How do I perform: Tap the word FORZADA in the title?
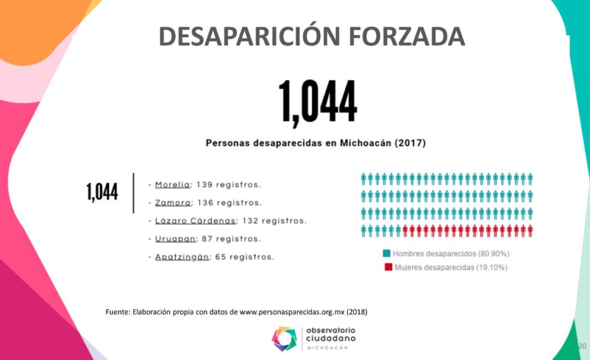[405, 36]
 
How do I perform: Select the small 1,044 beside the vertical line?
[102, 192]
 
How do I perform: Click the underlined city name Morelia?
[173, 184]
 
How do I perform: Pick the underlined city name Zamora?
[173, 203]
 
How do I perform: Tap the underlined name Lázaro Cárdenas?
[196, 221]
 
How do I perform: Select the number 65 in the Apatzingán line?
[219, 257]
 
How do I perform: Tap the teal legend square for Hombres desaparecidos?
[387, 253]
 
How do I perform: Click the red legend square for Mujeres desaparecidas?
[387, 267]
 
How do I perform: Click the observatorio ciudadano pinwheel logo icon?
[285, 338]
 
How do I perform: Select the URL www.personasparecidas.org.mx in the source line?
[292, 312]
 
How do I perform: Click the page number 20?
[582, 346]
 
